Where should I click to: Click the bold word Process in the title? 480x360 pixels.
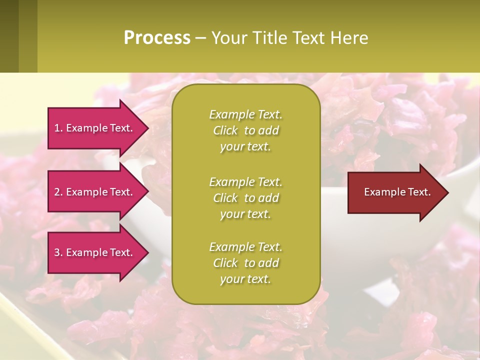[157, 38]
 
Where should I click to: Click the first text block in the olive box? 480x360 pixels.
[245, 130]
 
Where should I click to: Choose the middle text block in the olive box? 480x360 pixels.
[245, 198]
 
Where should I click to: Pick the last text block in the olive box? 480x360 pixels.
[245, 263]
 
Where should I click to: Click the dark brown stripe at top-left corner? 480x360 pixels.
[9, 36]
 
